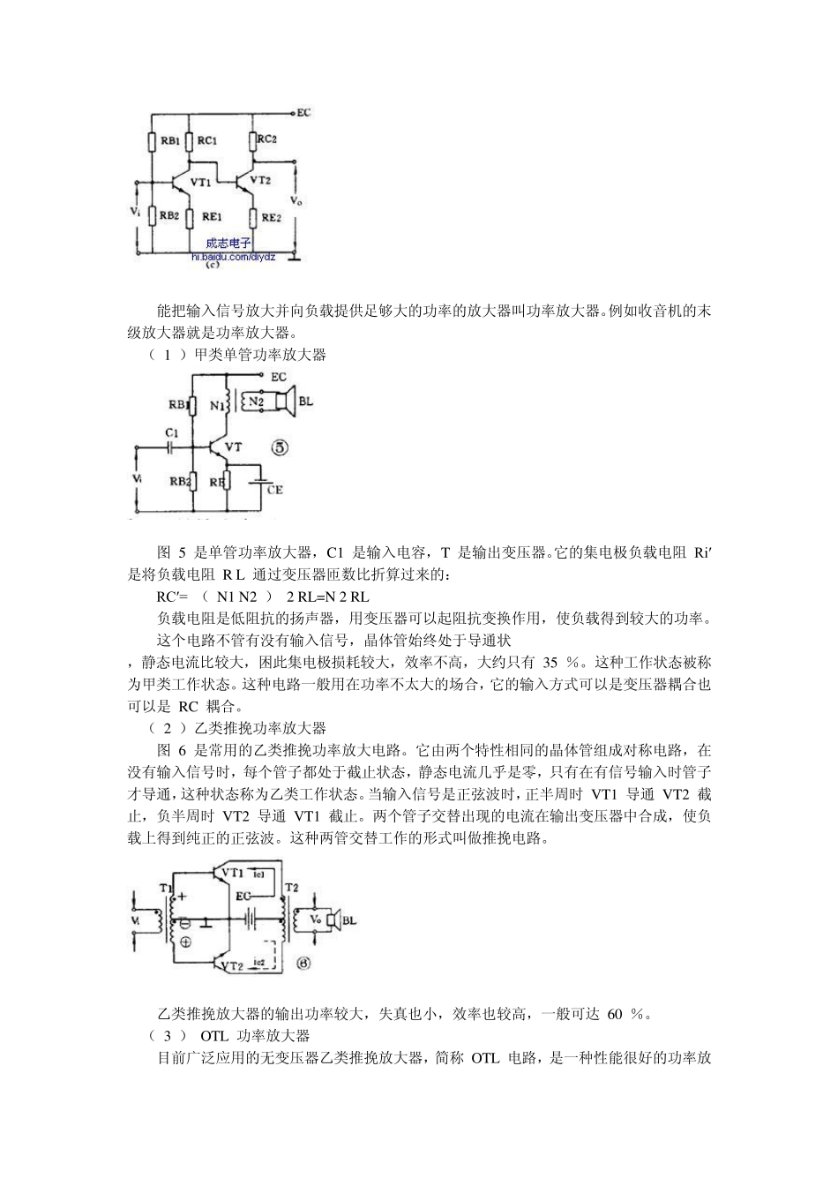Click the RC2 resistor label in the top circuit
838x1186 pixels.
(267, 139)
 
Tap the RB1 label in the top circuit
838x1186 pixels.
(169, 140)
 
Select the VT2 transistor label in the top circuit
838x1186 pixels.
(260, 179)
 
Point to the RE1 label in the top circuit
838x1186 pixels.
(212, 216)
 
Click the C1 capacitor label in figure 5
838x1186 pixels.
(172, 433)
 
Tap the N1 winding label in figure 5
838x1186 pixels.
(218, 406)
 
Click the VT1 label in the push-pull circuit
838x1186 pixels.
(232, 873)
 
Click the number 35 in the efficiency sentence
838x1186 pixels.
(550, 663)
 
